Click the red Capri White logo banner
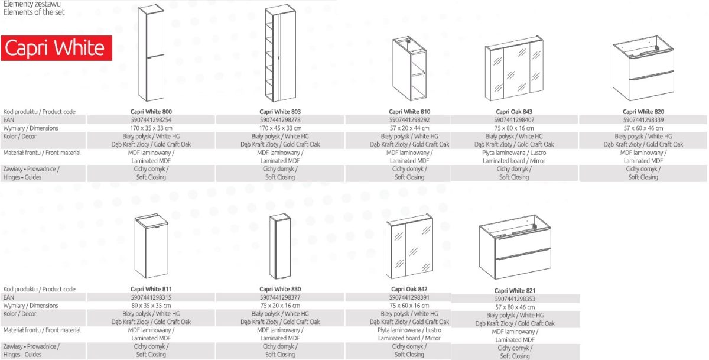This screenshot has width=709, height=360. pos(57,48)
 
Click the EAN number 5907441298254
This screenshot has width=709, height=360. pos(151,120)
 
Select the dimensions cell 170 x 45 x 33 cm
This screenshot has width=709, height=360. pos(280,128)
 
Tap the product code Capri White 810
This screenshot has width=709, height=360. pos(409,112)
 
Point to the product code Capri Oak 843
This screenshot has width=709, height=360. pos(514,112)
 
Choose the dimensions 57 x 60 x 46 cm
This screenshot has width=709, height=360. pos(643,128)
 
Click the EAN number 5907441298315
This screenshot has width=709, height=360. pos(151,297)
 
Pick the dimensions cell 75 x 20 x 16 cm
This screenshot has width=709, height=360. pos(280,306)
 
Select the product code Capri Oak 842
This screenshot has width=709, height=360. pos(409,289)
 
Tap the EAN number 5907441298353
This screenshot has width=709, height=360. pos(515,299)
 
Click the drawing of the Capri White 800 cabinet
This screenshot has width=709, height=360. pos(151,53)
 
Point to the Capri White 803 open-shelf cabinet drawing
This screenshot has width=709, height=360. pos(280,53)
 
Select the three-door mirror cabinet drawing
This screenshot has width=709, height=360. pos(514,69)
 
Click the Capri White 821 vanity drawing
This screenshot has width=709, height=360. pos(515,247)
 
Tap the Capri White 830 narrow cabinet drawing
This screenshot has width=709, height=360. pos(280,246)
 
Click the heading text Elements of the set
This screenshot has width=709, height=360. pos(34,12)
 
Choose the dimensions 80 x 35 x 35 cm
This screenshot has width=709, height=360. pos(151,306)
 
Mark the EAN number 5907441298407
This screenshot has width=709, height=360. pos(514,120)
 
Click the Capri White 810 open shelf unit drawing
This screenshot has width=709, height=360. pos(409,69)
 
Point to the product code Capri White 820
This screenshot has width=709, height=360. pos(643,112)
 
